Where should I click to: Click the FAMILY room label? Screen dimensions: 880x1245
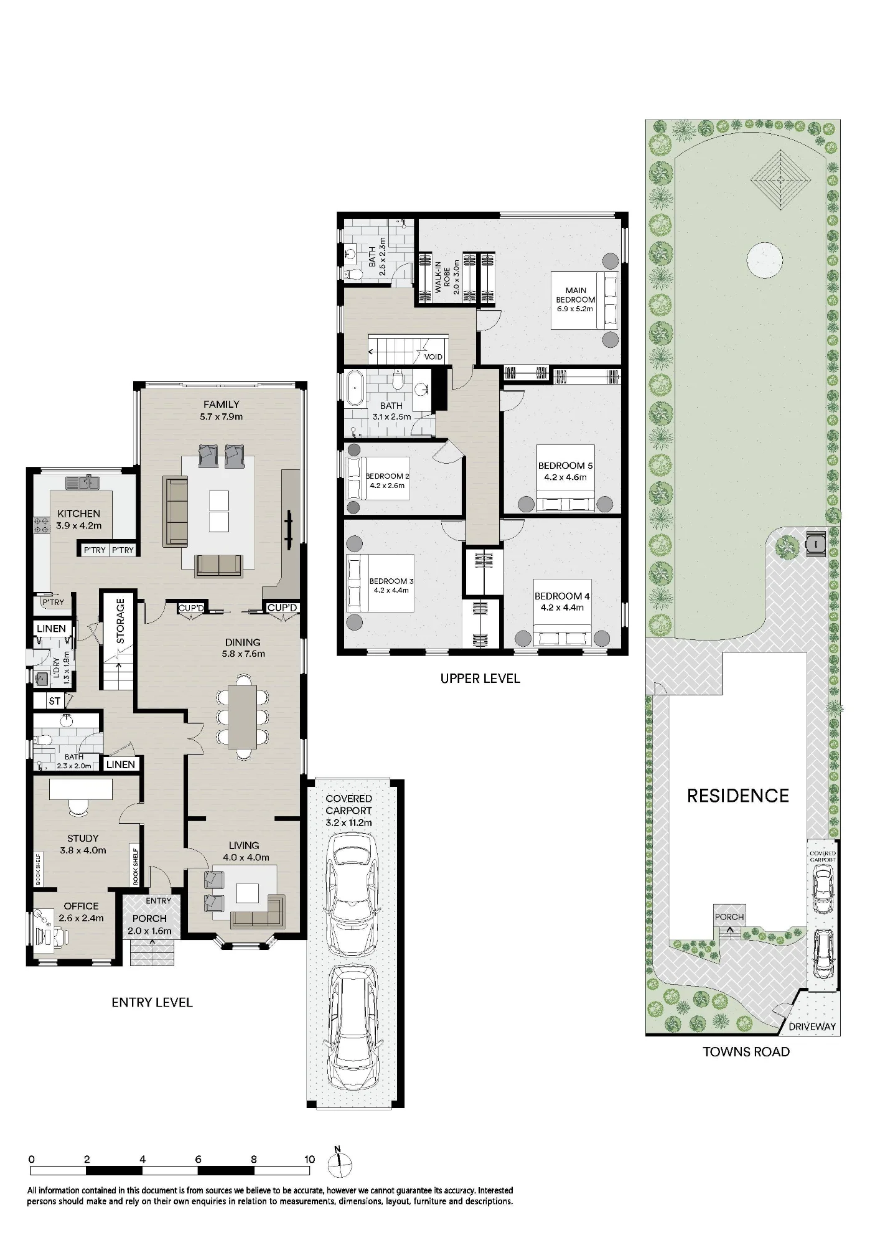pyautogui.click(x=221, y=405)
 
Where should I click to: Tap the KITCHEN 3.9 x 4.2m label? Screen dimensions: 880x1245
pyautogui.click(x=78, y=519)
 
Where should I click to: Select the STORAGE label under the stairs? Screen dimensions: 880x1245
pyautogui.click(x=121, y=621)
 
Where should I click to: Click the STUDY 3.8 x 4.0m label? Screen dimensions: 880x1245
pyautogui.click(x=83, y=844)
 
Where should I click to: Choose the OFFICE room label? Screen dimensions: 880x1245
pyautogui.click(x=81, y=906)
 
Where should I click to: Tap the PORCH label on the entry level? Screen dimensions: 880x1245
pyautogui.click(x=149, y=918)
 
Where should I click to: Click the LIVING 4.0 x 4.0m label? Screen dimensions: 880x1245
pyautogui.click(x=243, y=851)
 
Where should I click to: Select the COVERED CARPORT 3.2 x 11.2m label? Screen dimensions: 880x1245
pyautogui.click(x=349, y=810)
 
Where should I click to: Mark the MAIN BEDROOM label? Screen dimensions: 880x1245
pyautogui.click(x=576, y=295)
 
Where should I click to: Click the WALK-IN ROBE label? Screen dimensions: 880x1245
pyautogui.click(x=442, y=278)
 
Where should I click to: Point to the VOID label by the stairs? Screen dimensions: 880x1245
pyautogui.click(x=433, y=357)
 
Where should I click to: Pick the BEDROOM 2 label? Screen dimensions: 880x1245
pyautogui.click(x=387, y=476)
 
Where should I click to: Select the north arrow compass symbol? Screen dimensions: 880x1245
pyautogui.click(x=338, y=1162)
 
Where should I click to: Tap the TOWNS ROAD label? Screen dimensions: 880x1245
pyautogui.click(x=746, y=1051)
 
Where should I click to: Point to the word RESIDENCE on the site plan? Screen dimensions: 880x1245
pyautogui.click(x=738, y=796)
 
